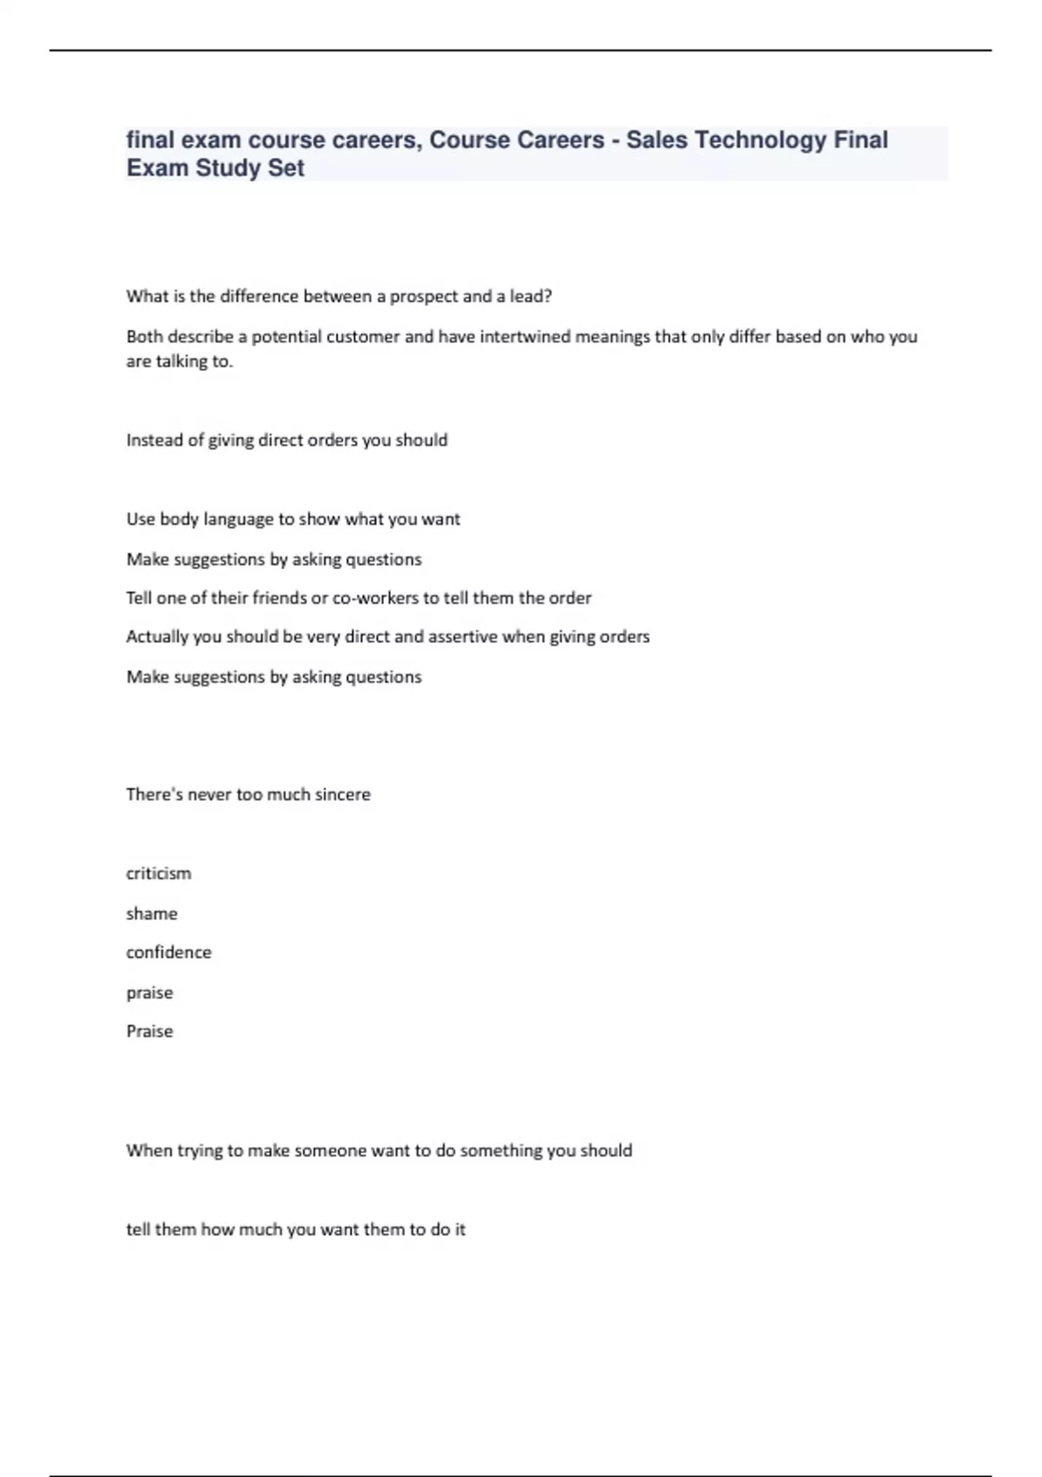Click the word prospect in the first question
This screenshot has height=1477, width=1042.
coord(424,296)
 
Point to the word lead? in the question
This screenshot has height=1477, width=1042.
coord(531,296)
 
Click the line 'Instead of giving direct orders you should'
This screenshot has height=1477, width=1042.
coord(287,440)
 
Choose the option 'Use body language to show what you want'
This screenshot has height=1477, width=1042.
coord(293,520)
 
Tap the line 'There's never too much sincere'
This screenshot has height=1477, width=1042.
coord(248,794)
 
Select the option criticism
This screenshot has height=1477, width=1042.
coord(158,874)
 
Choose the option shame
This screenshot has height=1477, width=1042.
coord(151,914)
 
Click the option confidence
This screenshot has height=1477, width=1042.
coord(168,953)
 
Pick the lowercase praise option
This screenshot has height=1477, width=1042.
coord(149,993)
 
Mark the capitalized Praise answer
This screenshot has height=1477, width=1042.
coord(149,1031)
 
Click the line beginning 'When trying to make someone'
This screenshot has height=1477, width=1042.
coord(379,1150)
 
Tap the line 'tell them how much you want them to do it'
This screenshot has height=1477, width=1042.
coord(295,1229)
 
